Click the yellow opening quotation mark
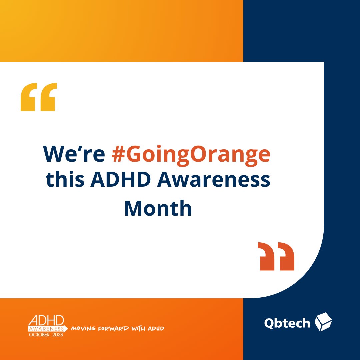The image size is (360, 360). tap(39, 97)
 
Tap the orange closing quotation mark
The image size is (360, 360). tap(276, 256)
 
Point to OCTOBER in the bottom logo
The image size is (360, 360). tap(38, 334)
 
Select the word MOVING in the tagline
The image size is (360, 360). tap(82, 329)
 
